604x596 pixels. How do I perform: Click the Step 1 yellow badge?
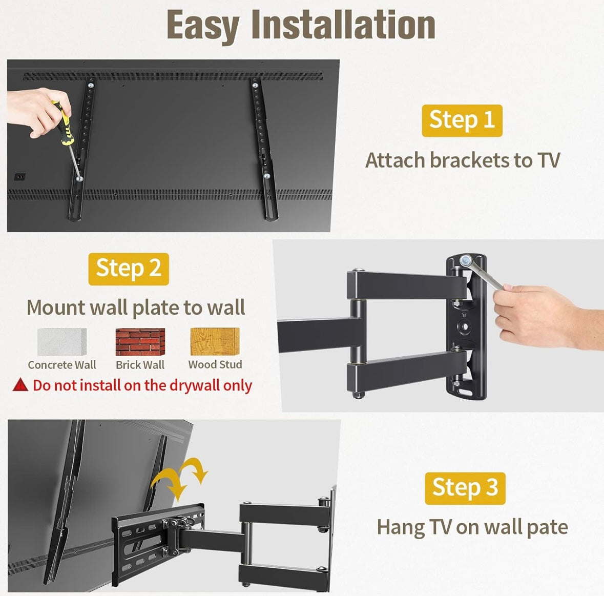click(462, 120)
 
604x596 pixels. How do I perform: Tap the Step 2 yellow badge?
click(129, 269)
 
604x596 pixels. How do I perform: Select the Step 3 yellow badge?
click(465, 488)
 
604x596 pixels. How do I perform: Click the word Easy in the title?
click(203, 26)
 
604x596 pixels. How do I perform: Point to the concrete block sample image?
click(62, 342)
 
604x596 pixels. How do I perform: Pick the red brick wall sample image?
click(140, 342)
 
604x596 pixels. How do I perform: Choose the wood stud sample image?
click(215, 341)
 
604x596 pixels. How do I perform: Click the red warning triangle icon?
click(20, 385)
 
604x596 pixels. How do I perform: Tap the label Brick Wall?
click(140, 365)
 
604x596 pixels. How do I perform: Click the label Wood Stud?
click(215, 364)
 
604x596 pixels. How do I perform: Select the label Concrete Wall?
click(62, 365)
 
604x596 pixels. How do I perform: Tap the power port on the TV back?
click(20, 177)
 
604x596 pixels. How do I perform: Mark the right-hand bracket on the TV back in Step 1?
click(263, 149)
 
